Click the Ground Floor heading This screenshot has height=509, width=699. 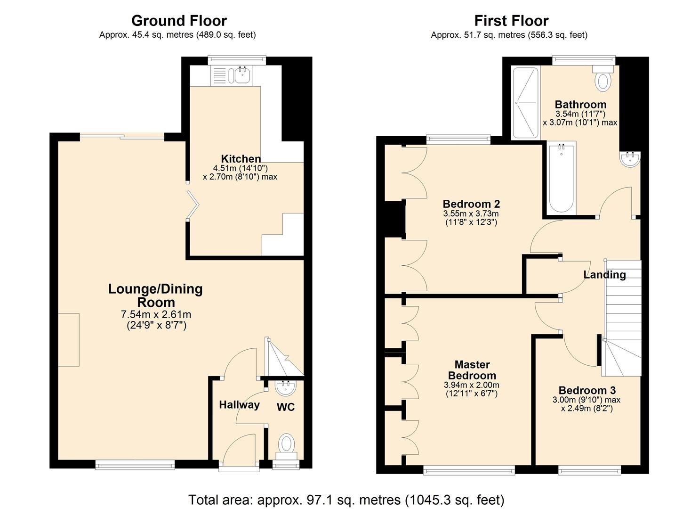click(x=179, y=21)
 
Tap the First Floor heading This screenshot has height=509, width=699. click(x=511, y=21)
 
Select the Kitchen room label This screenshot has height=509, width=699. click(x=241, y=158)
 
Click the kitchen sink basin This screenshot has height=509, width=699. click(x=242, y=75)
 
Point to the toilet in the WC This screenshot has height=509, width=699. click(x=287, y=446)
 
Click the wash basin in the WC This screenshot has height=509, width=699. click(x=285, y=388)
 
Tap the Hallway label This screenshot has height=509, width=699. click(x=239, y=405)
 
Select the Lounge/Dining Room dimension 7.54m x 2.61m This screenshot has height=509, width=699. click(x=156, y=314)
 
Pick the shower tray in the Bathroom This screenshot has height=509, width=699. click(x=526, y=103)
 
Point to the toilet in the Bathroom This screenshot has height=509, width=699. click(x=603, y=79)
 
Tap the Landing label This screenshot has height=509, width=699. click(x=604, y=275)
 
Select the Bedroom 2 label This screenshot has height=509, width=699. click(x=471, y=204)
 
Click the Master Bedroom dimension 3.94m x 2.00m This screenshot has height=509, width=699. click(x=472, y=385)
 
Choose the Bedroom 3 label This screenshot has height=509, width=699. click(x=587, y=390)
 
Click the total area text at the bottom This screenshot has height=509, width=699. click(x=346, y=500)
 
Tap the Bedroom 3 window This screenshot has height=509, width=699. click(x=589, y=470)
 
